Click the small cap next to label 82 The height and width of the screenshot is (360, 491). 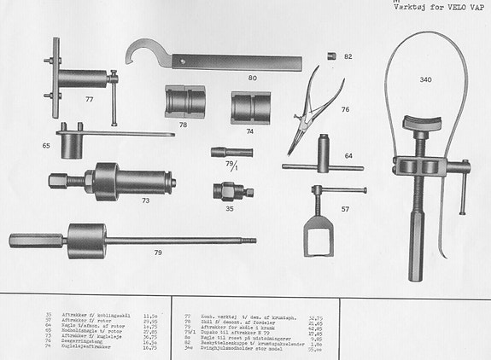point(331,56)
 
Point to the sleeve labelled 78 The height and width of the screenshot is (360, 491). point(185,100)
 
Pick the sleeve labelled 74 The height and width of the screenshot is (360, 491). point(251,107)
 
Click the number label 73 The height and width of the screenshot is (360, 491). point(146,200)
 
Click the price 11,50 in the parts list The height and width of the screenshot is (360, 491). point(149,314)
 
